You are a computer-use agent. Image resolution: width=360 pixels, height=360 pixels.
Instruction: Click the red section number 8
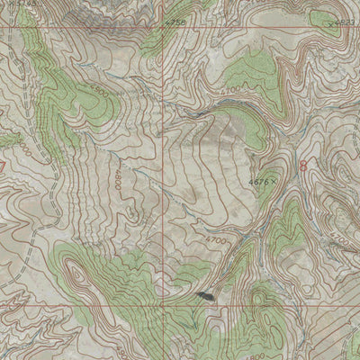pyautogui.click(x=302, y=166)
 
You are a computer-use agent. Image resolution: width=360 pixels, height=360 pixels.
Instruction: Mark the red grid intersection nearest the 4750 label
pyautogui.click(x=164, y=27)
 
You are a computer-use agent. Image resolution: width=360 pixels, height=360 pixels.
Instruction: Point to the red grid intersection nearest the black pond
pyautogui.click(x=164, y=304)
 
